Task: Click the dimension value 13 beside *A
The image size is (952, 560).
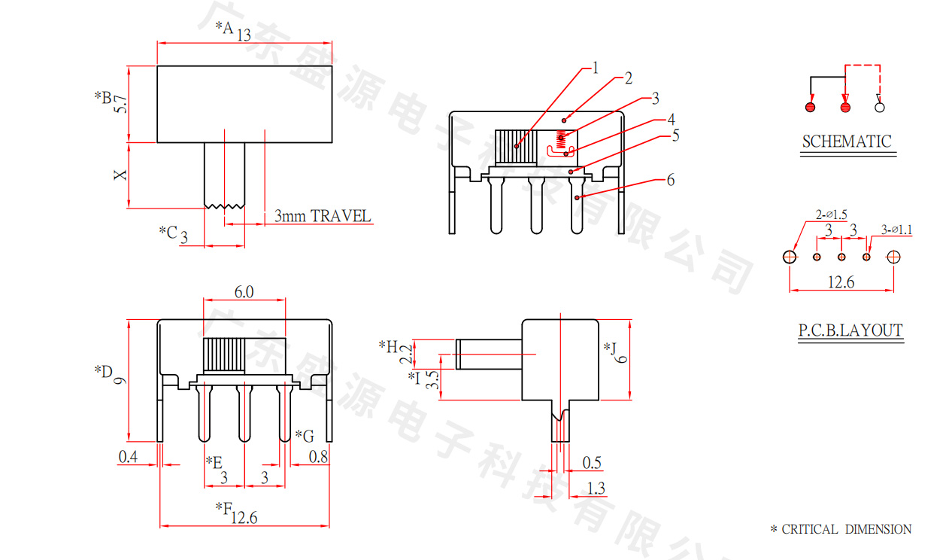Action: pos(243,35)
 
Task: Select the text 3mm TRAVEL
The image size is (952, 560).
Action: pos(322,217)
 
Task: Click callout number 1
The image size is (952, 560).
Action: pos(596,68)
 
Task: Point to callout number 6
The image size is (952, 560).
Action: pos(670,180)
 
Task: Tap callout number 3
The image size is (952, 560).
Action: pos(655,98)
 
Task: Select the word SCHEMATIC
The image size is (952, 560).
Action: pos(846,142)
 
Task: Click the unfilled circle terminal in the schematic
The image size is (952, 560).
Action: pos(880,107)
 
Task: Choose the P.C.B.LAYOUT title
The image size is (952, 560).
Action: pos(850,330)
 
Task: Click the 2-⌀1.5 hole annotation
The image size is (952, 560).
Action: pos(831,215)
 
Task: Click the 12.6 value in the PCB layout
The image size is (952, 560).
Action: pos(840,282)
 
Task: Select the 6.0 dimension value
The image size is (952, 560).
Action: pos(244,291)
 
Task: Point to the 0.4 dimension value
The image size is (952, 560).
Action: pos(129,456)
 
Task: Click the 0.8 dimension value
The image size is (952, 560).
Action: pos(318,456)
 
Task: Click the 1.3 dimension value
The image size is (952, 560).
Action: pos(595,488)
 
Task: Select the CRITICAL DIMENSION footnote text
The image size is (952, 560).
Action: pos(846,529)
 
